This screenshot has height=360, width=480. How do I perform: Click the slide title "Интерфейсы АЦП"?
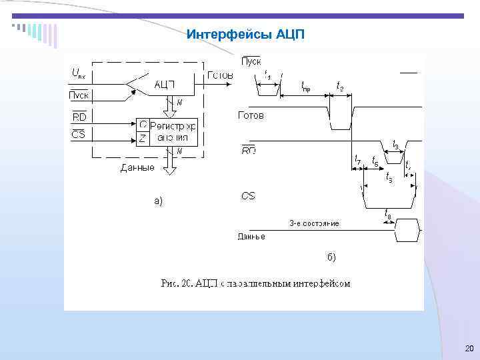(x=245, y=34)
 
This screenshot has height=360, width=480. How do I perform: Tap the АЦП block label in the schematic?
(x=165, y=84)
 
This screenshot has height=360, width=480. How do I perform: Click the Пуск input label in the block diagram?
(x=79, y=95)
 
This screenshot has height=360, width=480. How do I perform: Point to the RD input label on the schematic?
(x=78, y=117)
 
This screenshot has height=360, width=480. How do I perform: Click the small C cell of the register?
(x=143, y=125)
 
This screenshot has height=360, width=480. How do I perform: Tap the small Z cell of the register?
(x=143, y=138)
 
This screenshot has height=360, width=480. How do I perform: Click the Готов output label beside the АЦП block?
(x=220, y=75)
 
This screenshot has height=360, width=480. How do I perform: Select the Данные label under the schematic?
(x=137, y=167)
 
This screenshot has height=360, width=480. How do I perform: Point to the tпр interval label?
(x=305, y=85)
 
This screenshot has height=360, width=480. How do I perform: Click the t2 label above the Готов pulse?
(x=340, y=85)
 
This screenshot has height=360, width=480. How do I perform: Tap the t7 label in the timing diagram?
(x=358, y=162)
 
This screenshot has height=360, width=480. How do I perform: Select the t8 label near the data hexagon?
(x=388, y=213)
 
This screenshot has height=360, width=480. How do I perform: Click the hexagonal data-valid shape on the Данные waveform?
(x=408, y=231)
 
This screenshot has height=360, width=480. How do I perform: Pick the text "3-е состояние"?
(x=314, y=223)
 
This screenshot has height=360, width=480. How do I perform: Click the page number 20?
(x=468, y=349)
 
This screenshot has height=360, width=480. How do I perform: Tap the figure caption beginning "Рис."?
(x=256, y=283)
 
